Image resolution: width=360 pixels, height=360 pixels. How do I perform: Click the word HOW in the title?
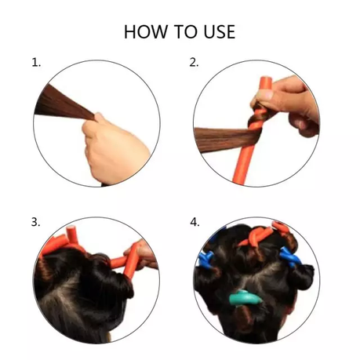pos(146,31)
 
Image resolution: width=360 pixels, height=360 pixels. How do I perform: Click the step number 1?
pos(36,63)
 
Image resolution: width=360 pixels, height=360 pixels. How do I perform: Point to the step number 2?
pos(194,63)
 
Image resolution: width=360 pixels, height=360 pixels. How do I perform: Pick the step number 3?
pos(36,222)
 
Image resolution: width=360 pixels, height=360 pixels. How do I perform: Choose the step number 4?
pos(195,222)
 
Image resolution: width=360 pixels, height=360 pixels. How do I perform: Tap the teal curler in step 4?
pos(245,298)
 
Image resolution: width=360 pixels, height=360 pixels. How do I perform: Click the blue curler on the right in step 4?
pos(289,257)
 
